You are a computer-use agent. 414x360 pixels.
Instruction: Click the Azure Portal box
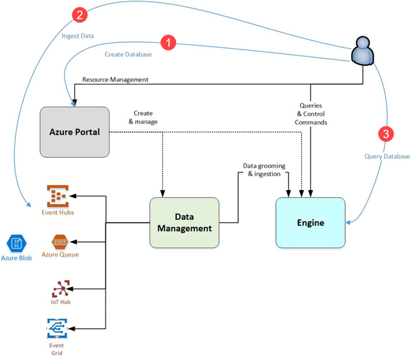click(x=75, y=132)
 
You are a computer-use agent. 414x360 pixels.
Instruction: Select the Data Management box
click(x=184, y=222)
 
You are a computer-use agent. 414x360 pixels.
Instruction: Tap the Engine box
click(x=311, y=222)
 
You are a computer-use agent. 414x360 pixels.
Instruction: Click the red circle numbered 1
click(x=169, y=42)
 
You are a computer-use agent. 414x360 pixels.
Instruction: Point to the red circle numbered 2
click(x=80, y=14)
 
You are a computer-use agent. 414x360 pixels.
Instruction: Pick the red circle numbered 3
click(x=386, y=134)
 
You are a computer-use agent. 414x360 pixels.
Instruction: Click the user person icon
click(x=363, y=51)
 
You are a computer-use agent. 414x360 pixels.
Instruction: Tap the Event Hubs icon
click(x=58, y=196)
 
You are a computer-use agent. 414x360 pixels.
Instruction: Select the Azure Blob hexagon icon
click(x=16, y=243)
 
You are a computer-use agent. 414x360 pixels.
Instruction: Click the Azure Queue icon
click(x=60, y=242)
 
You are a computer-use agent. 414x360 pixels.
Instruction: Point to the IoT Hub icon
click(x=61, y=289)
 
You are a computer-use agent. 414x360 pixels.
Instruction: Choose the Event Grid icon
click(x=57, y=328)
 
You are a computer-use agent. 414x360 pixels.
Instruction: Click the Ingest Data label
click(x=78, y=36)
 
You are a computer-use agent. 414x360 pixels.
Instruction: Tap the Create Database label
click(x=128, y=54)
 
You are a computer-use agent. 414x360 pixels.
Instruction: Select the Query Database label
click(x=387, y=156)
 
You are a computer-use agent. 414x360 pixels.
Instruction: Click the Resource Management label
click(x=115, y=80)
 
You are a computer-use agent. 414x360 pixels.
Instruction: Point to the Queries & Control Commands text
click(x=311, y=114)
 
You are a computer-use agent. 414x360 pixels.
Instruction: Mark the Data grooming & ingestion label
click(x=264, y=170)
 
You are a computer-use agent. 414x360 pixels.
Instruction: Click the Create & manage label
click(x=143, y=117)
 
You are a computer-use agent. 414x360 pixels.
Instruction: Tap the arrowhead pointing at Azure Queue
click(x=73, y=242)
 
